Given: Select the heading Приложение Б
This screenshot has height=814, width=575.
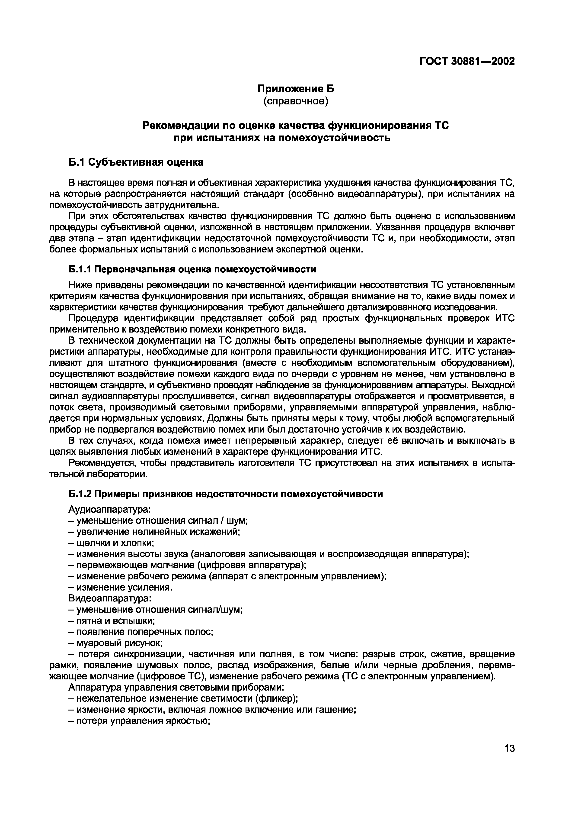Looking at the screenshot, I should tap(295, 89).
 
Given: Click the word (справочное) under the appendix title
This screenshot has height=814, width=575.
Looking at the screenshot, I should tap(295, 101).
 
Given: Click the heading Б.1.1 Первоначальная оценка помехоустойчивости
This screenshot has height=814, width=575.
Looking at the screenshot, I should tap(192, 269).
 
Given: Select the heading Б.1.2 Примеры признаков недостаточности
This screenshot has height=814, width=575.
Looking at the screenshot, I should tap(225, 494).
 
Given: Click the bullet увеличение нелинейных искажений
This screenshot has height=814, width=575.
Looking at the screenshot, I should tap(154, 532).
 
